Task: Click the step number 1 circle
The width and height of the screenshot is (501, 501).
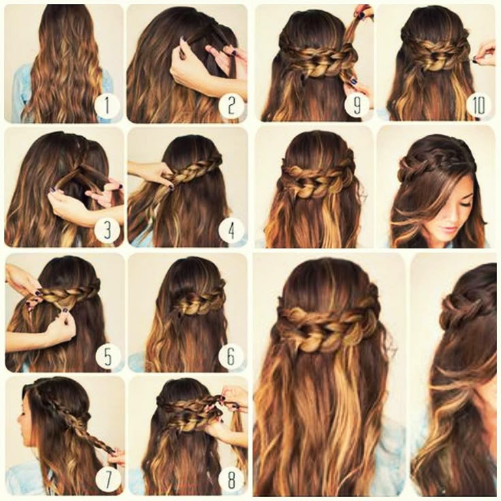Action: click(107, 106)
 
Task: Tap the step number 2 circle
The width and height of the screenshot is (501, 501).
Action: click(231, 106)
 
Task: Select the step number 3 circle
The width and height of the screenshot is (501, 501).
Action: click(107, 229)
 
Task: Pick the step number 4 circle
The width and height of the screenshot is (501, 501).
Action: click(231, 229)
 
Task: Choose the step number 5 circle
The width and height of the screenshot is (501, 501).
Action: click(108, 355)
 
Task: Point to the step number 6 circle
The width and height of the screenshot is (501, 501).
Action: click(231, 355)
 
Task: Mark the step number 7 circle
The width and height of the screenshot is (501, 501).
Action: click(108, 479)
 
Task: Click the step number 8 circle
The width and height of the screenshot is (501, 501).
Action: click(231, 479)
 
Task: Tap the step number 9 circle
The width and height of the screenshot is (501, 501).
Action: click(357, 104)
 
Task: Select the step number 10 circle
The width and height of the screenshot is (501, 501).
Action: click(479, 104)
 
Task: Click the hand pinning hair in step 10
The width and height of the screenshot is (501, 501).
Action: click(485, 51)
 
